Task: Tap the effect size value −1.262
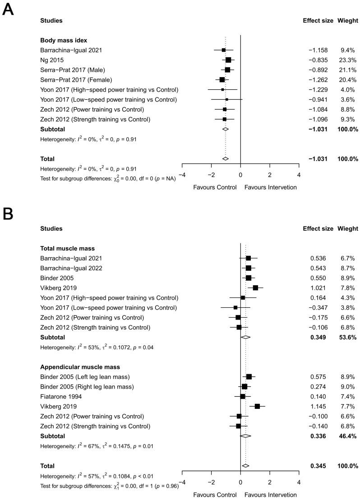click(x=318, y=79)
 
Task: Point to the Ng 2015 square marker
click(x=228, y=60)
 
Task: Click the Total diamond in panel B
click(x=245, y=466)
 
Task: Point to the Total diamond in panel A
click(x=226, y=158)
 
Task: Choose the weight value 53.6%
click(x=347, y=337)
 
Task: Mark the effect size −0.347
click(x=318, y=307)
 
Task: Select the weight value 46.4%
click(x=347, y=436)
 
